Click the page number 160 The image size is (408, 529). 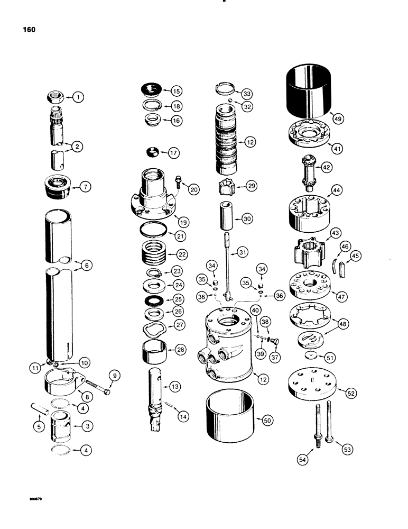click(x=29, y=30)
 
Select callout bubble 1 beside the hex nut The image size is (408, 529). click(x=78, y=97)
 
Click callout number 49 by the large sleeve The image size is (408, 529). click(x=338, y=120)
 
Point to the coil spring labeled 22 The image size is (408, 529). click(x=155, y=254)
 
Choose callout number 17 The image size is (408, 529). click(x=173, y=153)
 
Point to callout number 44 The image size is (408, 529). click(x=336, y=189)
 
